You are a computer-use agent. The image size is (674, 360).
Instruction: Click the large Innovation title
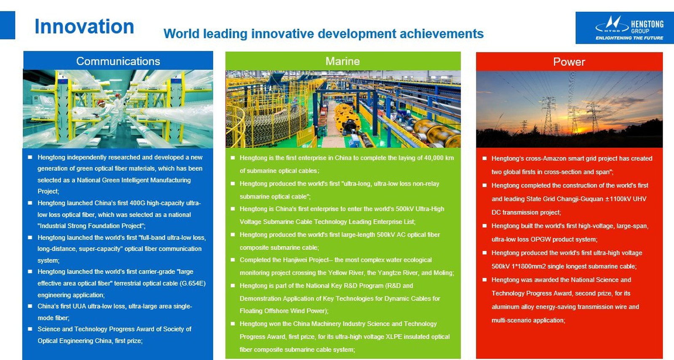point(84,27)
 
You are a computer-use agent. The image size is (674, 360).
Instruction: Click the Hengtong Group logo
point(629,28)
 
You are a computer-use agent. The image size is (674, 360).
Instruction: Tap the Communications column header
point(118,62)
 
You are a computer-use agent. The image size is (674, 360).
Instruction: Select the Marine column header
point(342,62)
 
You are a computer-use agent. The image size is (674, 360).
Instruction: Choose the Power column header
point(569,62)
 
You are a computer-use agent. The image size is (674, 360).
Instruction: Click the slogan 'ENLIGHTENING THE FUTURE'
point(629,38)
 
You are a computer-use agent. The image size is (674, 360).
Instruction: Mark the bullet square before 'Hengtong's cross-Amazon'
point(484,159)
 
